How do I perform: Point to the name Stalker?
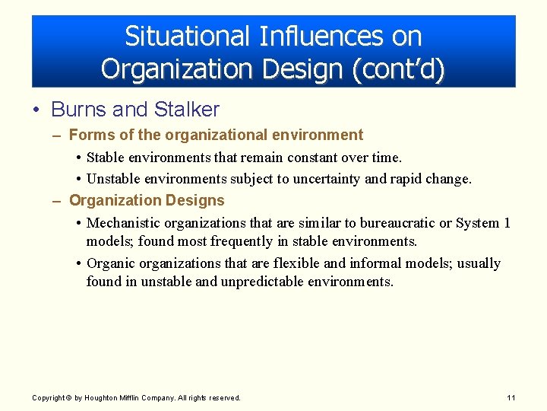click(x=186, y=110)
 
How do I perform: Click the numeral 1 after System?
click(x=507, y=223)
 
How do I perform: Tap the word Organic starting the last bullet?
click(x=110, y=263)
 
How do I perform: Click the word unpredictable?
click(x=262, y=282)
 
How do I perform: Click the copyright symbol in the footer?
click(x=68, y=398)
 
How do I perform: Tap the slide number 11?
click(x=511, y=398)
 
